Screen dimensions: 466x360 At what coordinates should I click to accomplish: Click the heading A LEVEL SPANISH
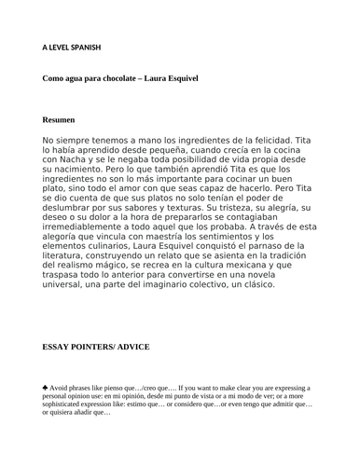coord(72,48)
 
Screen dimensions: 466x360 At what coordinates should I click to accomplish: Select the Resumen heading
coord(59,120)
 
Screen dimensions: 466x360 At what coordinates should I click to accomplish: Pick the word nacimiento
coord(89,171)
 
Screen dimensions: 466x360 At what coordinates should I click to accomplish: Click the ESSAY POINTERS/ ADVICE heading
coord(95,347)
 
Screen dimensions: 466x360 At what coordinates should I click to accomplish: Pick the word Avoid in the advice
coord(61,387)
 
